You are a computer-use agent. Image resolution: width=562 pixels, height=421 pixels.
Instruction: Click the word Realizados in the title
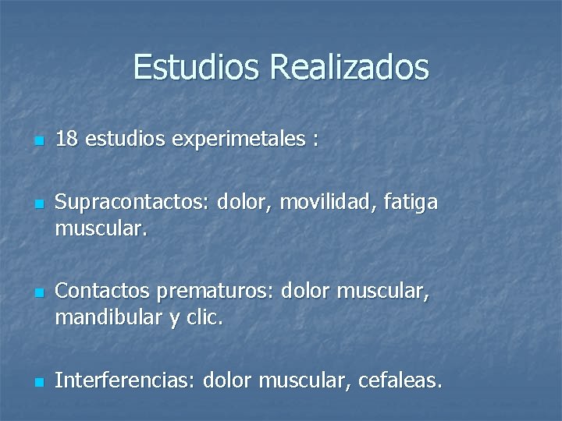click(x=349, y=67)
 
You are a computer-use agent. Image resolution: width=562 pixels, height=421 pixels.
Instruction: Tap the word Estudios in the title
click(x=197, y=67)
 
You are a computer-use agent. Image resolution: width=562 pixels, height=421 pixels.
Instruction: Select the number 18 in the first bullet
click(x=66, y=140)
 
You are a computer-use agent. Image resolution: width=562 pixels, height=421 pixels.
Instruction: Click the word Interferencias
click(x=126, y=381)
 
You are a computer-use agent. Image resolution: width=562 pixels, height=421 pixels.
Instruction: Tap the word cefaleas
click(x=401, y=381)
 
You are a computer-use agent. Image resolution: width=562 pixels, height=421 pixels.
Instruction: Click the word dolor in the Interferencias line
click(x=228, y=381)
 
